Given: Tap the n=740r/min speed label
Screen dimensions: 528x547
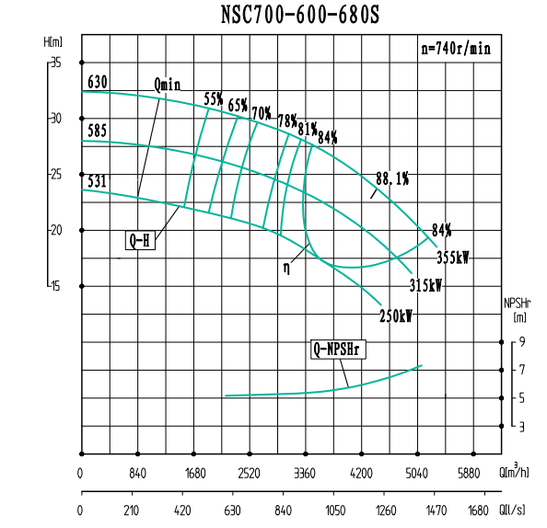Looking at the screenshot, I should click(456, 49).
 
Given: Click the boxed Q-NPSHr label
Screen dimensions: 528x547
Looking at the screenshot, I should click(334, 350).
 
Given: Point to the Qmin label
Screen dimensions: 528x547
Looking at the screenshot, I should click(168, 85).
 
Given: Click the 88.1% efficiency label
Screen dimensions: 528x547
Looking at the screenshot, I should click(391, 178).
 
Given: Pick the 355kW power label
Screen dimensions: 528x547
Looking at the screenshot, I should click(452, 258).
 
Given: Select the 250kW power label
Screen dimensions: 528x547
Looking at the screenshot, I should click(396, 316).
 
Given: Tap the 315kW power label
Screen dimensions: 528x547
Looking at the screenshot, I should click(426, 286).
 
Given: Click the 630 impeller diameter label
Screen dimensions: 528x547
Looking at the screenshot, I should click(97, 83).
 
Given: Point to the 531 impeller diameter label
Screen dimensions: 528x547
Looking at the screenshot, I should click(97, 180).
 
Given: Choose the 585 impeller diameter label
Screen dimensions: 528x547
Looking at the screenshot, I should click(97, 132).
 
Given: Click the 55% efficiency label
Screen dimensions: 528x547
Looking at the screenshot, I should click(214, 98).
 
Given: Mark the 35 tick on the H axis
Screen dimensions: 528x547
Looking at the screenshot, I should click(56, 63).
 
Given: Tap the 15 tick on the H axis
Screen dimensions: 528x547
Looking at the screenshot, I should click(56, 286).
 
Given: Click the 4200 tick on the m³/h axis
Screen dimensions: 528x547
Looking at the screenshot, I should click(361, 475).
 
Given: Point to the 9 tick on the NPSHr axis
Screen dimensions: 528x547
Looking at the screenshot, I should click(522, 342).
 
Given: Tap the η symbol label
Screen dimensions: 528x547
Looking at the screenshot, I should click(287, 269).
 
